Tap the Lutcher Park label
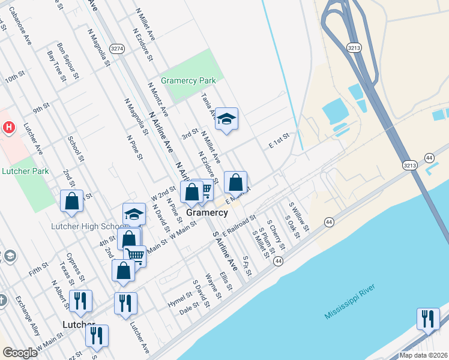coord(25,171)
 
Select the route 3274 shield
coord(117,48)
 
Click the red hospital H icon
coord(8,127)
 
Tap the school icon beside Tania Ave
coord(227,119)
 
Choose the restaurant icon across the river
coord(428,319)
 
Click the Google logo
coord(20,353)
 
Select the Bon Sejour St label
coord(67,60)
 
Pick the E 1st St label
coord(279,141)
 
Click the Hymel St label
coord(179,300)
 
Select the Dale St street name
coord(189,309)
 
